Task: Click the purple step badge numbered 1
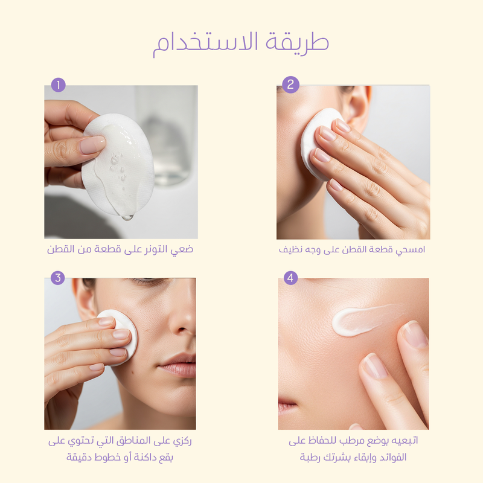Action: pos(58,85)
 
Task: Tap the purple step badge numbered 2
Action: pos(290,85)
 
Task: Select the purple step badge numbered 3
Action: pos(57,278)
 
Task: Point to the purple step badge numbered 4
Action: pos(290,278)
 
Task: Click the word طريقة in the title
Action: pos(297,43)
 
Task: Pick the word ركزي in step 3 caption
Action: pos(182,441)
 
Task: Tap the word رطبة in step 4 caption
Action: pos(310,457)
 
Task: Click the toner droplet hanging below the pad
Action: pos(127,217)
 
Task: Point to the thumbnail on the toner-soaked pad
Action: pos(92,145)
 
